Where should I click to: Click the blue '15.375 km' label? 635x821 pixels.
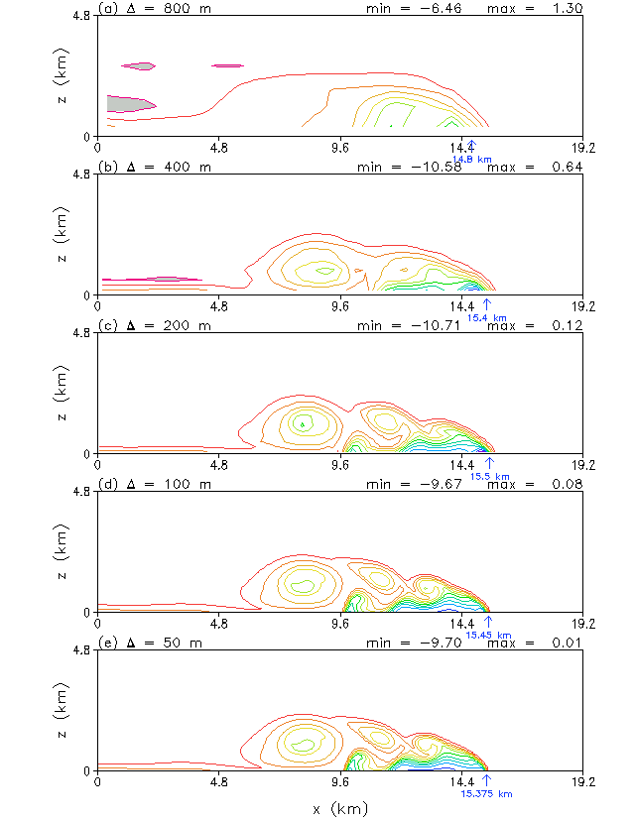pos(487,793)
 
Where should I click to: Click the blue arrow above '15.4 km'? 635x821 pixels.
pos(487,303)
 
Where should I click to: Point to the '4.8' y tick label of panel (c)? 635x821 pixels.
pos(84,334)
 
